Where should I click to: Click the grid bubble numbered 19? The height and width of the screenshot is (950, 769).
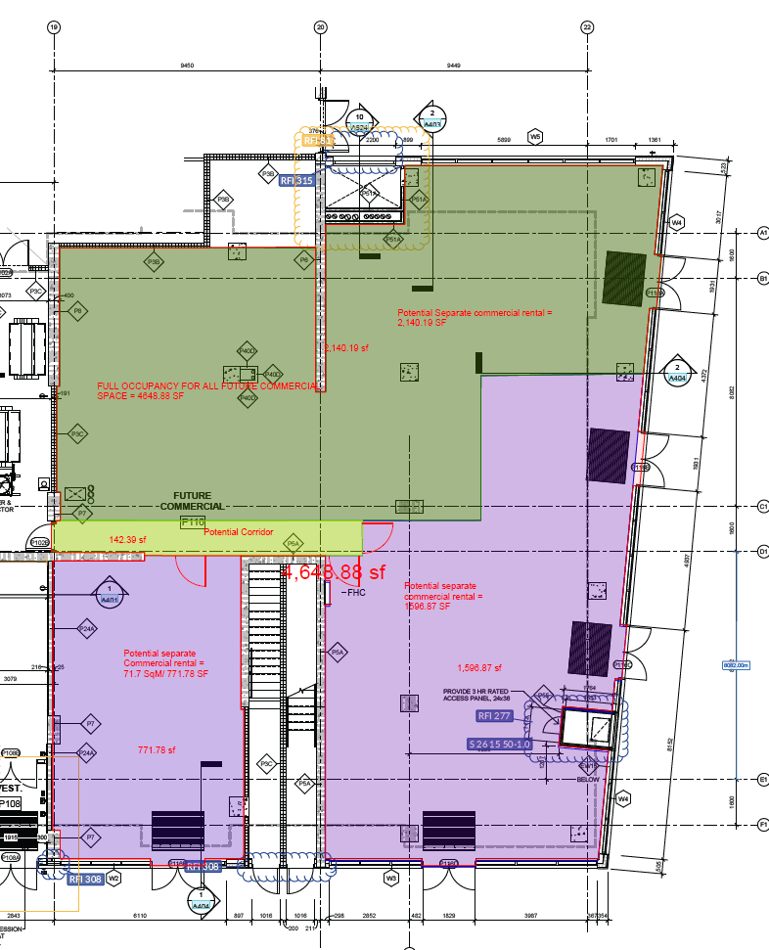[53, 27]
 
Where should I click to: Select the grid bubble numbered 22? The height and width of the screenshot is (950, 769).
[587, 27]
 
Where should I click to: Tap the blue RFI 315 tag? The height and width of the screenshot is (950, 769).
[297, 181]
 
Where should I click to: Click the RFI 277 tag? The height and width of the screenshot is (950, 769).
[496, 716]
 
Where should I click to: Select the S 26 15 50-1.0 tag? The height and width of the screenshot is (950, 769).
[499, 745]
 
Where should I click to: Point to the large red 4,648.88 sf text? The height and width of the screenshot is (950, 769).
[335, 571]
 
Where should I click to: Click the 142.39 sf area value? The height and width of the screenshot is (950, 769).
[127, 539]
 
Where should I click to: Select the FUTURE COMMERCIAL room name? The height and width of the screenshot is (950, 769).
[193, 501]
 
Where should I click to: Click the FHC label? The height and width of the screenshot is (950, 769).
[353, 593]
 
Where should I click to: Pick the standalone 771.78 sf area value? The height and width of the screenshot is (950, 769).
[157, 750]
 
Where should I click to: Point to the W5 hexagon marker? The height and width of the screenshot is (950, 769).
[535, 136]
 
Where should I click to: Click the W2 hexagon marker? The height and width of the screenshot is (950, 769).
[113, 879]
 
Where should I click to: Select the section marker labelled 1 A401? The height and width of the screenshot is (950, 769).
[110, 592]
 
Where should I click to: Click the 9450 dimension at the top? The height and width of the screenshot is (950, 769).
[187, 66]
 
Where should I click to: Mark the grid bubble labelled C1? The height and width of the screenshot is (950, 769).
[763, 506]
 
